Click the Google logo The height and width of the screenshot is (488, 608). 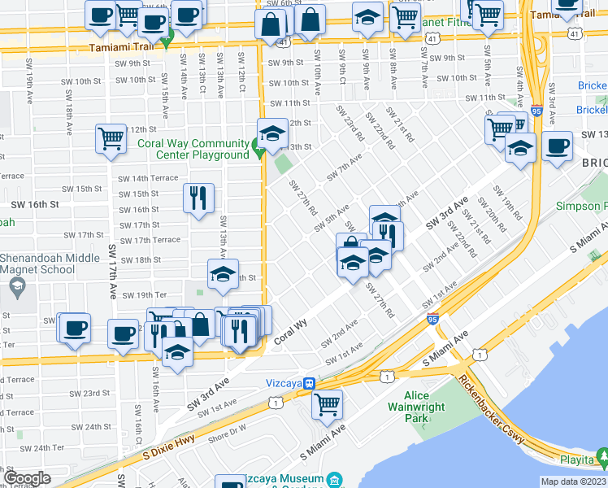[x=27, y=478]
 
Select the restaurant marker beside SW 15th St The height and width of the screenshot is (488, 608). [x=198, y=198]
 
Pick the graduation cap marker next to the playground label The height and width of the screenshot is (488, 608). [x=273, y=133]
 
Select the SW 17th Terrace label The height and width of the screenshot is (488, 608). [x=150, y=240]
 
